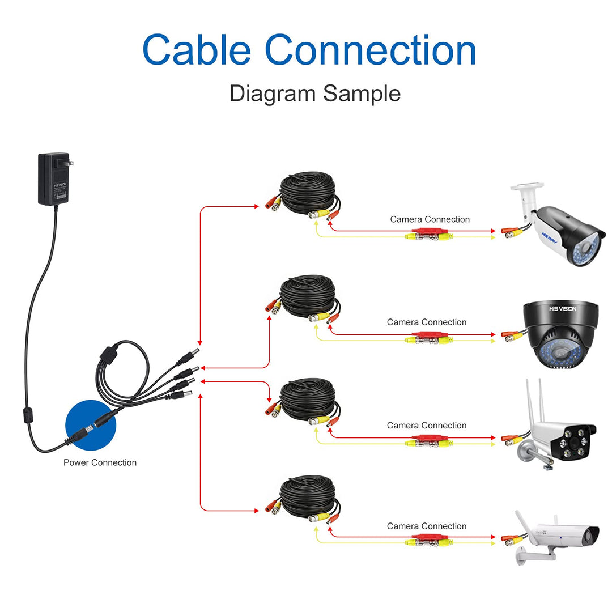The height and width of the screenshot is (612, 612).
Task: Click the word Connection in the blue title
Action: tap(371, 50)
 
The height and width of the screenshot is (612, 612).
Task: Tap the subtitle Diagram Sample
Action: tap(314, 93)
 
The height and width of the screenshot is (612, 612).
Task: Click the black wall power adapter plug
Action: tap(53, 178)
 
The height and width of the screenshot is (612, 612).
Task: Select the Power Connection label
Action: tap(100, 462)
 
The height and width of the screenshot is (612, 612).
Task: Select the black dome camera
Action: tap(558, 334)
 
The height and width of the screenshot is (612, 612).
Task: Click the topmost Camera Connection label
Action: tap(430, 219)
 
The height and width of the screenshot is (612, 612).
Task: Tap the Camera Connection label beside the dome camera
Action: tap(427, 322)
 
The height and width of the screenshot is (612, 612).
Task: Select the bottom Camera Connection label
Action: tap(427, 526)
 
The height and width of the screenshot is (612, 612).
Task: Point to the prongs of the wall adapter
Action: tap(70, 164)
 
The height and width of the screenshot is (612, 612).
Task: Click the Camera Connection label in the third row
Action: tap(427, 425)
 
